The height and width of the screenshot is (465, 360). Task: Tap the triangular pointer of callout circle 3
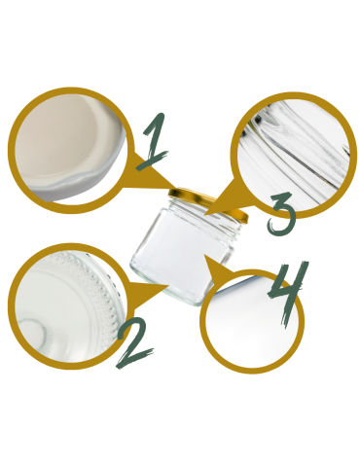[220, 191]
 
